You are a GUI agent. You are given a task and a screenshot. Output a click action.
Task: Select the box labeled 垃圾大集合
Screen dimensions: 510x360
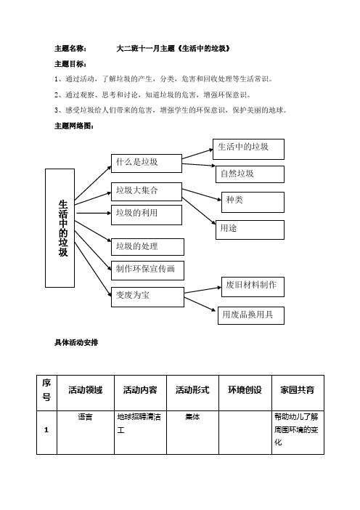pos(145,191)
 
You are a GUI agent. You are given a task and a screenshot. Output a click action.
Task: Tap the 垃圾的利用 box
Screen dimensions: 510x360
pos(145,214)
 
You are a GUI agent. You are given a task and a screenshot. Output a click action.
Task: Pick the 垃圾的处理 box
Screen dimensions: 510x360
pos(145,248)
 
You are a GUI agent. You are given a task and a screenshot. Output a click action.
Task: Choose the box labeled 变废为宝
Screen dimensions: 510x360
pos(145,296)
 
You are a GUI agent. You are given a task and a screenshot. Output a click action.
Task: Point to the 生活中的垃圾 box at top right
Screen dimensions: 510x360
pos(249,148)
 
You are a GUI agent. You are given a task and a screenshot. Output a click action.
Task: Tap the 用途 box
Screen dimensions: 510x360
pos(249,229)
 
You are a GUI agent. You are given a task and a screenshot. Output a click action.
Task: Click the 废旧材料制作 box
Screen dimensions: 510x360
pos(251,286)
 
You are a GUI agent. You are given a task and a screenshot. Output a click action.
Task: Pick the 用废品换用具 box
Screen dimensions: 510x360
pos(251,315)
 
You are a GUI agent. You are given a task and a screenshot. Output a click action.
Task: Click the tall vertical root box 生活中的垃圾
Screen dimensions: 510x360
pos(63,227)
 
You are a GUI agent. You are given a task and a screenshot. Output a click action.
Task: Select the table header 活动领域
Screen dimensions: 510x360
pos(85,390)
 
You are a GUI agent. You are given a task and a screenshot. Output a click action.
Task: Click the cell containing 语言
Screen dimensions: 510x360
pos(85,418)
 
